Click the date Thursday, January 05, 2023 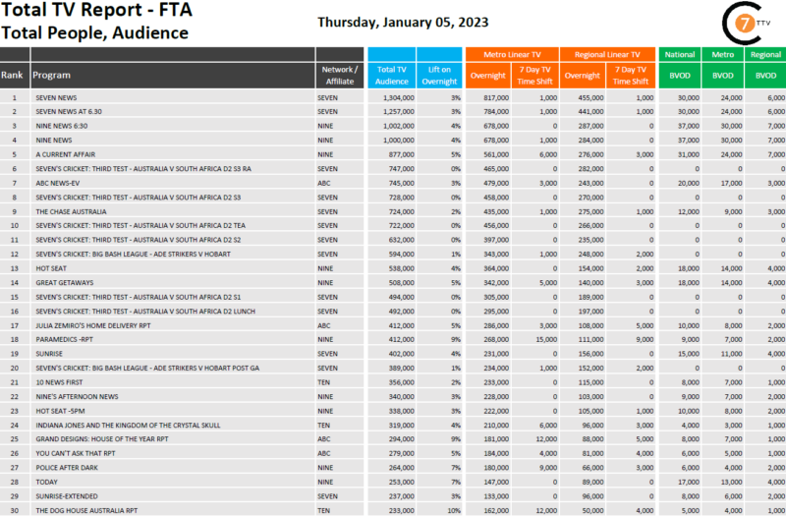tap(403, 22)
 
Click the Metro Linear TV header tap(511, 55)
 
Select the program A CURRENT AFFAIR tap(65, 154)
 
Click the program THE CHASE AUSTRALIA tap(70, 211)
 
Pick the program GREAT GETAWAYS tap(62, 282)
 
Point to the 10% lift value tap(453, 510)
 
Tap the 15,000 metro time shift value tap(545, 339)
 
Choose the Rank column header tap(13, 75)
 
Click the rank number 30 tap(14, 510)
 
